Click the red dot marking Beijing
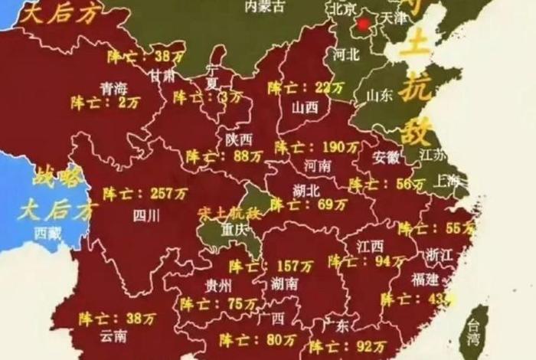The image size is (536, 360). point(364,24)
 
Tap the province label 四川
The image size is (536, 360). point(146,215)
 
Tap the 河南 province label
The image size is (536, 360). point(316,165)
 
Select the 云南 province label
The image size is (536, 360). point(113,335)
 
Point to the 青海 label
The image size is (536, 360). point(114,88)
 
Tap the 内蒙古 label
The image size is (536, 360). point(264,6)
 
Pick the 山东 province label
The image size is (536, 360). point(379,96)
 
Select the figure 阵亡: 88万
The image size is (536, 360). point(224,155)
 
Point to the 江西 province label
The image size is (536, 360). point(370,246)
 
